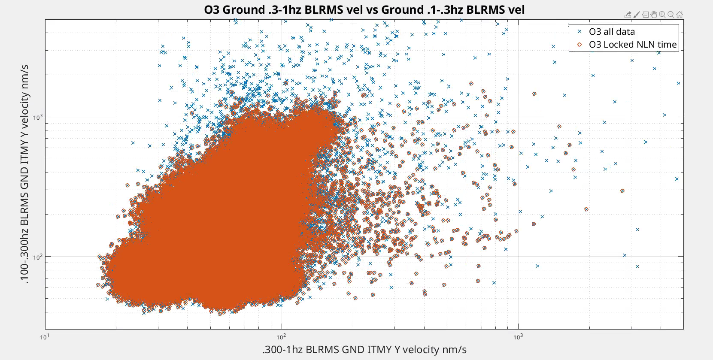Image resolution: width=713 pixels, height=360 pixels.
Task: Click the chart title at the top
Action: pyautogui.click(x=364, y=9)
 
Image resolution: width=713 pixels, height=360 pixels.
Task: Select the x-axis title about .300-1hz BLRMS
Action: pyautogui.click(x=364, y=350)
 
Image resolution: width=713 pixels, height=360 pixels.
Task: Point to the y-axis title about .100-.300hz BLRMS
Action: pyautogui.click(x=24, y=174)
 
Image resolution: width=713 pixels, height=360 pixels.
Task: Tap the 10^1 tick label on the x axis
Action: pyautogui.click(x=44, y=337)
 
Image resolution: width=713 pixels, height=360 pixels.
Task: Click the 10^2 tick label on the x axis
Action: pyautogui.click(x=281, y=337)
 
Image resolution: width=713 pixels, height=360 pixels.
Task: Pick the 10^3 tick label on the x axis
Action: pyautogui.click(x=518, y=337)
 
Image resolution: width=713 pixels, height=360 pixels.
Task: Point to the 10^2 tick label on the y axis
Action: pyautogui.click(x=38, y=257)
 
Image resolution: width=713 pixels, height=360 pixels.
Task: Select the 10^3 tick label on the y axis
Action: pyautogui.click(x=38, y=117)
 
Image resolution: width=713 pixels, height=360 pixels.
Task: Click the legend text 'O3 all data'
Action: pyautogui.click(x=611, y=32)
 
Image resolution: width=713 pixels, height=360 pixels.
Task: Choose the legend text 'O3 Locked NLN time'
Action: pyautogui.click(x=632, y=45)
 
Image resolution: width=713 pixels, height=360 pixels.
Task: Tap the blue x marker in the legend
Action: pyautogui.click(x=580, y=32)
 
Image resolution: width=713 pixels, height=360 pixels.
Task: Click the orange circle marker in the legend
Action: pyautogui.click(x=580, y=45)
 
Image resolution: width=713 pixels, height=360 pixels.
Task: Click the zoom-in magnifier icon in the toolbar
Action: pyautogui.click(x=662, y=15)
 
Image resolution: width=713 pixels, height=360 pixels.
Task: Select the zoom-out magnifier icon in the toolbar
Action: pyautogui.click(x=671, y=15)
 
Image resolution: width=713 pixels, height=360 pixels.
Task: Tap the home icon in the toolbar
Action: pyautogui.click(x=680, y=15)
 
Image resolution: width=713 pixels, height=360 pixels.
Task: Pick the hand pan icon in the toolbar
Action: pyautogui.click(x=654, y=15)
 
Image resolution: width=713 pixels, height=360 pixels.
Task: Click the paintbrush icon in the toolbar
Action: pyautogui.click(x=637, y=15)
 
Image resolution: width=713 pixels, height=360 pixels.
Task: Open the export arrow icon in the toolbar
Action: pyautogui.click(x=628, y=15)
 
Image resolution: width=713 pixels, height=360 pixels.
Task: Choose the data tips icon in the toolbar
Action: pyautogui.click(x=645, y=15)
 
